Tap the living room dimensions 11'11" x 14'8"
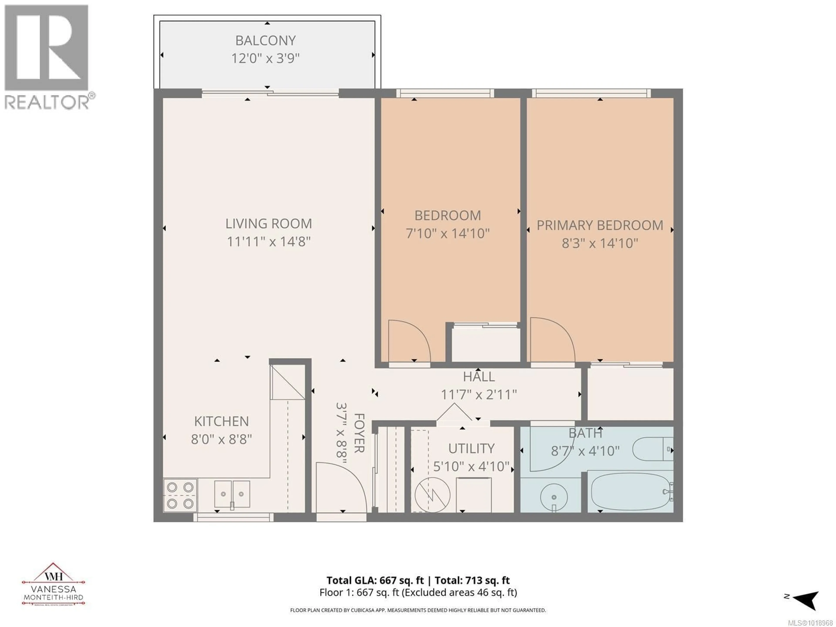click(x=268, y=241)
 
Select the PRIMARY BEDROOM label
click(x=600, y=226)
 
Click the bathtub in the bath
click(x=630, y=492)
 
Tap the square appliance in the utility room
click(x=474, y=494)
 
